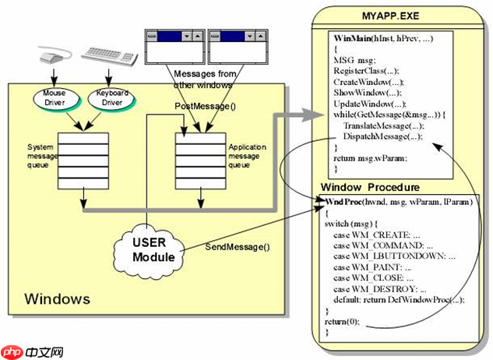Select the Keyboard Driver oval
click(x=111, y=100)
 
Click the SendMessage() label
click(x=237, y=247)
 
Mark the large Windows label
click(x=57, y=298)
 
